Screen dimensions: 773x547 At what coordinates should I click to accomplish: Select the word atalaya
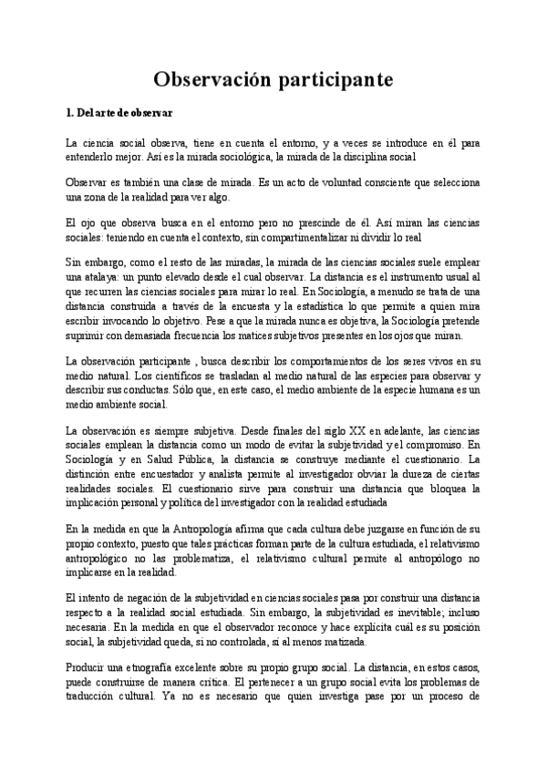click(x=96, y=274)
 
